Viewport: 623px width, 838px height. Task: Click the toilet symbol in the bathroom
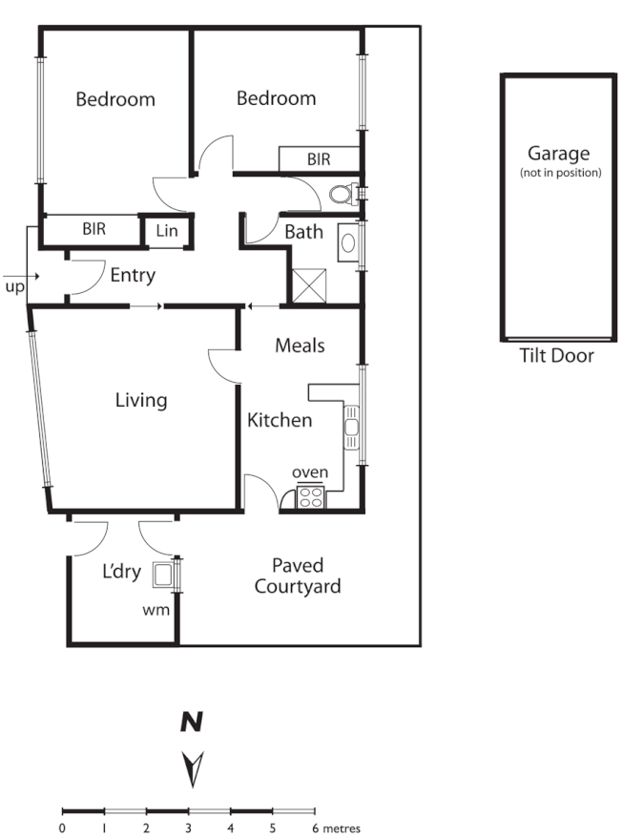343,195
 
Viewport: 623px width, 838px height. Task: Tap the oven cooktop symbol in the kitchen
311,496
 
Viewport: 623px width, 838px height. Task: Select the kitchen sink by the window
351,428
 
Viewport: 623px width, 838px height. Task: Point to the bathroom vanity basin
348,241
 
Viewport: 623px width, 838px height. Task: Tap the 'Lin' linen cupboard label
166,231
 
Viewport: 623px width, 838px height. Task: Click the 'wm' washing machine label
156,608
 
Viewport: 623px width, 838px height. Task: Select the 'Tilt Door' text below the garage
556,356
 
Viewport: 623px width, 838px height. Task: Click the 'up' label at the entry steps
14,286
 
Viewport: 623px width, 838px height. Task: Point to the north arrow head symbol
194,765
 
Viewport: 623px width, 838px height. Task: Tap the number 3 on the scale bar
188,828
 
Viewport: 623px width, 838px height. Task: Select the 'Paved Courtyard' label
297,576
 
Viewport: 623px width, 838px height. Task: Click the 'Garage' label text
558,153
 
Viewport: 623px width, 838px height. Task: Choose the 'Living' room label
141,400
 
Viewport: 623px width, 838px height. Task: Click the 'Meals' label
300,345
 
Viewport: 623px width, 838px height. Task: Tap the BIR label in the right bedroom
319,159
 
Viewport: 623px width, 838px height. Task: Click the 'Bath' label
303,232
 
